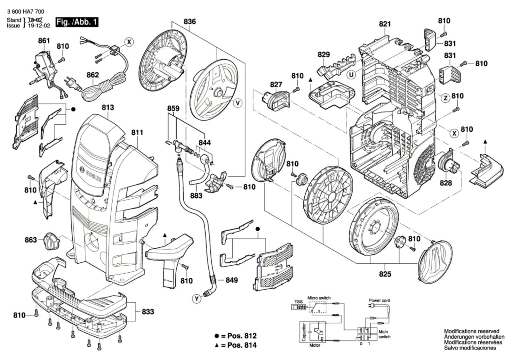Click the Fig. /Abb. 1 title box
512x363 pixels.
[77, 22]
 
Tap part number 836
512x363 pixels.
[190, 21]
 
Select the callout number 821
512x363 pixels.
[385, 24]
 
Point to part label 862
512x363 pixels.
[93, 75]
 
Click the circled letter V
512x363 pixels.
[238, 103]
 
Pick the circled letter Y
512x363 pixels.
[197, 299]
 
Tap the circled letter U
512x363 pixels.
[351, 75]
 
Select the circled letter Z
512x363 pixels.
[445, 98]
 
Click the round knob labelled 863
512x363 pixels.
[51, 241]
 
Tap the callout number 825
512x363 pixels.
[385, 274]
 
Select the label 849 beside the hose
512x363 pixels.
[232, 280]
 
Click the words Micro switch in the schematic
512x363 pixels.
[319, 298]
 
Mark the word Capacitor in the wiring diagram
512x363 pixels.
[304, 332]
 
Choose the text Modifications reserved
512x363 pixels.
[472, 331]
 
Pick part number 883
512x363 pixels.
[196, 196]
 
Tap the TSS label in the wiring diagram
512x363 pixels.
[298, 302]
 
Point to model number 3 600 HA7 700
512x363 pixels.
[26, 12]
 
